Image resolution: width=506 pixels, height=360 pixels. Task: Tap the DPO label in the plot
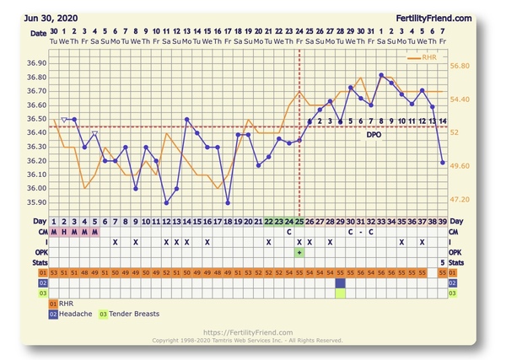click(x=374, y=134)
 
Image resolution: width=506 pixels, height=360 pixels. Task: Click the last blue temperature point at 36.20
click(x=443, y=163)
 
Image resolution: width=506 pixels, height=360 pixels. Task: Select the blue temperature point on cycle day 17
click(x=228, y=202)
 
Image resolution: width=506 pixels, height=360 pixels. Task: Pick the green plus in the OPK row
click(x=299, y=252)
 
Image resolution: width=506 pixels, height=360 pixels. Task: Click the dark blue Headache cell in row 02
click(x=340, y=283)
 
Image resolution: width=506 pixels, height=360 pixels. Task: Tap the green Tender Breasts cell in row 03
click(x=340, y=293)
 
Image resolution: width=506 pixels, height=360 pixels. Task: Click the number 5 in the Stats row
click(x=443, y=262)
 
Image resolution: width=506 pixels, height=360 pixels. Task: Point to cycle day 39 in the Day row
click(x=443, y=221)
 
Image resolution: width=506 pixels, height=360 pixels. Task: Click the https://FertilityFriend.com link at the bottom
click(x=247, y=332)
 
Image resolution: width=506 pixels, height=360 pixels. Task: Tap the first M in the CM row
click(x=55, y=231)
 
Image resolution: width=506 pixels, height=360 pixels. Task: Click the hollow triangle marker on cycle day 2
click(x=65, y=121)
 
